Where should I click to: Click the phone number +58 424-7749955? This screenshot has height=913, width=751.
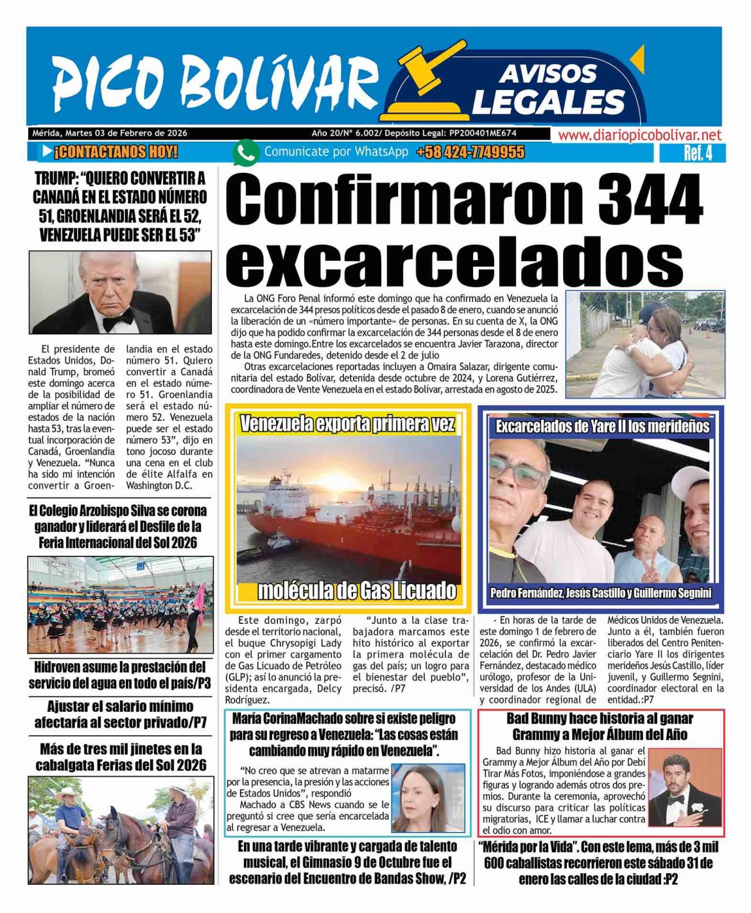[470, 153]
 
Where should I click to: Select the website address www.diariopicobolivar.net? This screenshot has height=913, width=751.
[639, 135]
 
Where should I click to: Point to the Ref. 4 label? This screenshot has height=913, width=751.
[697, 154]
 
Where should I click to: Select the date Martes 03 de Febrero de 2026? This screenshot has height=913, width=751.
[126, 133]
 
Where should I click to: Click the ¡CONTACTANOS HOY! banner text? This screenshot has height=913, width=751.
[116, 153]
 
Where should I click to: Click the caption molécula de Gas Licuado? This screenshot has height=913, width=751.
[356, 590]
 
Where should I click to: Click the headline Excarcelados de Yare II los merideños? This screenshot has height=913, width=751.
[602, 427]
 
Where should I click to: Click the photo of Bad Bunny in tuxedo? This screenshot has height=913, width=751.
[684, 791]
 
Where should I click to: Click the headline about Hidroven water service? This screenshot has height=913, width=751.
[120, 675]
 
